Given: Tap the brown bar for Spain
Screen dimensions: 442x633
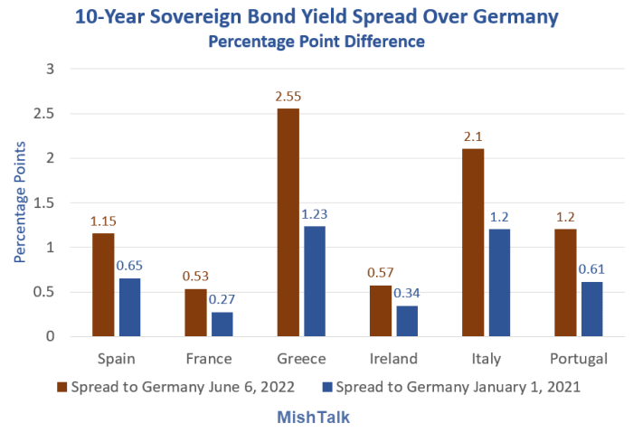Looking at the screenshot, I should pos(103,284).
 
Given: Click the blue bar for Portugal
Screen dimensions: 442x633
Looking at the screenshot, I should pos(591,308).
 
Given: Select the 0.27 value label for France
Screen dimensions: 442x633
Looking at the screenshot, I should pos(222,299).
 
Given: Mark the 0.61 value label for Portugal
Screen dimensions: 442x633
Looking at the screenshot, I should pos(591,269).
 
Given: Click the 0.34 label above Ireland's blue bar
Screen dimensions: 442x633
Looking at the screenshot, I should pos(407,293).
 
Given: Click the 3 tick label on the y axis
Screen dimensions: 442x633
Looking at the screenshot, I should pos(51,69).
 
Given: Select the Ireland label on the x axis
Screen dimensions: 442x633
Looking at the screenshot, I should pos(394,359).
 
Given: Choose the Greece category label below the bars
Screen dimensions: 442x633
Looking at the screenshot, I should pos(302,359).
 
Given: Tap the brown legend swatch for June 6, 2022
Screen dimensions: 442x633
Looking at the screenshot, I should pos(62,387).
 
